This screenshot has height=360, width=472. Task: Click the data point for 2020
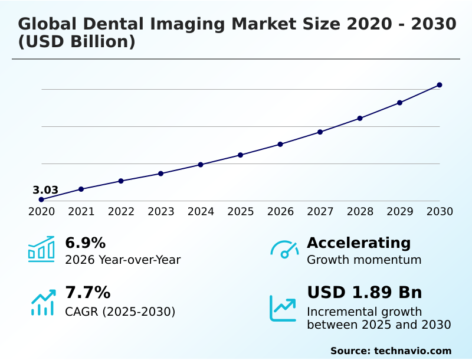41,199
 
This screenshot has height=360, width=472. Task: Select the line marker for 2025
240,155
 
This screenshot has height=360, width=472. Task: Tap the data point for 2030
440,85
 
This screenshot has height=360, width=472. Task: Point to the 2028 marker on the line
360,118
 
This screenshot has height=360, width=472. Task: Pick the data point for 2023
160,174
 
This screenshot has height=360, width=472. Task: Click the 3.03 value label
45,190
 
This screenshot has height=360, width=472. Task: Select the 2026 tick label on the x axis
280,211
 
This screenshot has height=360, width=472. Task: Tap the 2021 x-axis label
81,211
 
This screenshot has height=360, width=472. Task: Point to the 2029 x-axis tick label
399,211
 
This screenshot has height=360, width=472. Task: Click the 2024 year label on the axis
201,211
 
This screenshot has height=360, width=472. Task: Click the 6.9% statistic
85,243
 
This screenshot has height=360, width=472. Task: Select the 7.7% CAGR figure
87,292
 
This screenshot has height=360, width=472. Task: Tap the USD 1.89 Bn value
365,292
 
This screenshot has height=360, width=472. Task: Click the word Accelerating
359,243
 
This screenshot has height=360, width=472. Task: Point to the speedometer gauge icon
284,249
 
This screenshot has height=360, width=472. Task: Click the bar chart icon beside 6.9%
41,249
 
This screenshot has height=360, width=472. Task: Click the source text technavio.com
412,351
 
